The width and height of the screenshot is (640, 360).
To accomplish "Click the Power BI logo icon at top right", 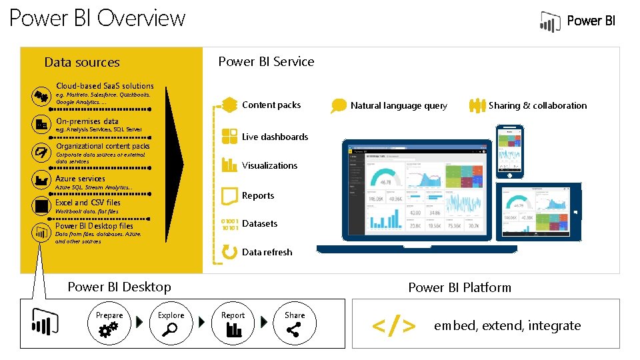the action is point(550,22).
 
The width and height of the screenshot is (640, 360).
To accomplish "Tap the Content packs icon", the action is point(229,105).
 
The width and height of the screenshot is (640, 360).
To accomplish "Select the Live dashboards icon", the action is point(229,136).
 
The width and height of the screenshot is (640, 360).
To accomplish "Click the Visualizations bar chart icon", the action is point(229,164).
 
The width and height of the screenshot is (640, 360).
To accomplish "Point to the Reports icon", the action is point(229,195).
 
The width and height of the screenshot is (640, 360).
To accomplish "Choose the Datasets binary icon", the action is point(229,223).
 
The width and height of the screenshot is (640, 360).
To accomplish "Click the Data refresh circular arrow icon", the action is point(229,252).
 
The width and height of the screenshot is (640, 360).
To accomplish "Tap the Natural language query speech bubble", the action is point(340,105).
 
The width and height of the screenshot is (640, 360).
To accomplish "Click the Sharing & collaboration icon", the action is point(477,105).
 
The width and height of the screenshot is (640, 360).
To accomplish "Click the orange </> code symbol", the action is point(394,325).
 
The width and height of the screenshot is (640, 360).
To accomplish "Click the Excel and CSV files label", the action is point(88,203).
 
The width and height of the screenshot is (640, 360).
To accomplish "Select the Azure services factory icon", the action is point(41,179).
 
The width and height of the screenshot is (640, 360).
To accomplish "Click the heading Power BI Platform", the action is point(459,287).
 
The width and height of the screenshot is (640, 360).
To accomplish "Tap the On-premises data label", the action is point(87,121).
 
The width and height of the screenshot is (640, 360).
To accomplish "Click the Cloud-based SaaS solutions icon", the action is point(41,95).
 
